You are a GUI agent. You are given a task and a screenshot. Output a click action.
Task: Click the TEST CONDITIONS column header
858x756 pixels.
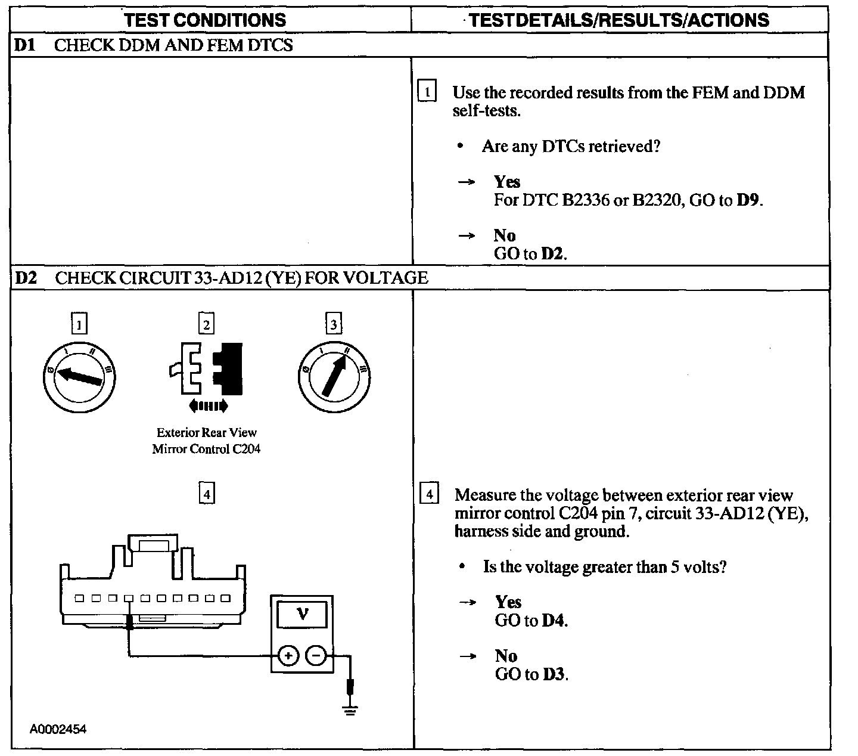[x=206, y=20]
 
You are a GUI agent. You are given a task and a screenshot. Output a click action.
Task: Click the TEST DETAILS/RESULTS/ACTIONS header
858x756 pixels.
[x=619, y=20]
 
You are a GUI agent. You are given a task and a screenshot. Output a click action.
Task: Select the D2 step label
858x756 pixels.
[x=26, y=278]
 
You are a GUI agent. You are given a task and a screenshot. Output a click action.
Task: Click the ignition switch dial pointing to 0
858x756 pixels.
[x=79, y=376]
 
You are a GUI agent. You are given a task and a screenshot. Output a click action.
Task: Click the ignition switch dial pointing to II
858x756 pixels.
[x=334, y=376]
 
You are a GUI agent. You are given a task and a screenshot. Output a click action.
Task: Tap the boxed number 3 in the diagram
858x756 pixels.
[x=334, y=324]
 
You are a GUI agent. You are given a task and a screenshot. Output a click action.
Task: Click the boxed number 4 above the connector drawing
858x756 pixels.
[x=206, y=494]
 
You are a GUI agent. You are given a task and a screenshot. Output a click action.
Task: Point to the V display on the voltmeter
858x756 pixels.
[x=302, y=614]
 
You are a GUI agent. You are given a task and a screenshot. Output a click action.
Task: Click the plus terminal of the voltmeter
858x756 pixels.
[x=288, y=656]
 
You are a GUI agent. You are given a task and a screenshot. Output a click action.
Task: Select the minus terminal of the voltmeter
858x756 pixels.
[x=315, y=656]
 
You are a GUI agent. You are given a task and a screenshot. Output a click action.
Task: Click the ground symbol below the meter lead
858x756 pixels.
[x=350, y=709]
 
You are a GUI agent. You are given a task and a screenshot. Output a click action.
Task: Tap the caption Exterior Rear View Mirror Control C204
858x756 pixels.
[x=206, y=441]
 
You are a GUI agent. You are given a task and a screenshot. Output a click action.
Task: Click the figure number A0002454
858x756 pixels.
[x=59, y=729]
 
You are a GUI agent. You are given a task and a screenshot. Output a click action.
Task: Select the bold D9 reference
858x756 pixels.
[x=748, y=200]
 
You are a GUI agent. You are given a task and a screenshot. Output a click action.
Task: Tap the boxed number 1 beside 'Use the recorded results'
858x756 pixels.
[x=427, y=92]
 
